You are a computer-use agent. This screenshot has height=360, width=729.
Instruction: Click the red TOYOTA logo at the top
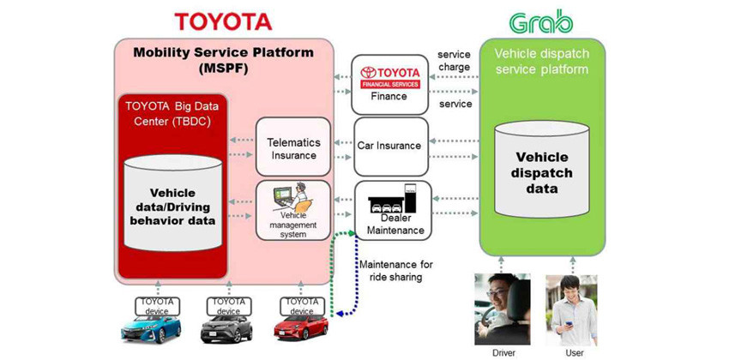click(223, 21)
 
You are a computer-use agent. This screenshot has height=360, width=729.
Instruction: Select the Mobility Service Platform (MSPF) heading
click(223, 60)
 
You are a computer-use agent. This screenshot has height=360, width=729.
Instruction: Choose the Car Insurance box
click(390, 146)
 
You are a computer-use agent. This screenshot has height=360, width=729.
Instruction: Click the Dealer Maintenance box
click(394, 211)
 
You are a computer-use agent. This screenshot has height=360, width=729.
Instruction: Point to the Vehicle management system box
click(293, 211)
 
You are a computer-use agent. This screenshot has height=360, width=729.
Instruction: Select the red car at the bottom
click(301, 328)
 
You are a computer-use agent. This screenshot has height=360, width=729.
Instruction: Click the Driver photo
click(502, 309)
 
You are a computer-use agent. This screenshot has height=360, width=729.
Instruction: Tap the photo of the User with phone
click(574, 309)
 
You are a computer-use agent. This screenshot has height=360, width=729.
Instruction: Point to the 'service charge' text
click(454, 61)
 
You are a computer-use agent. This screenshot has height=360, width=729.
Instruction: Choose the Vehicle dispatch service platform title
click(541, 60)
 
